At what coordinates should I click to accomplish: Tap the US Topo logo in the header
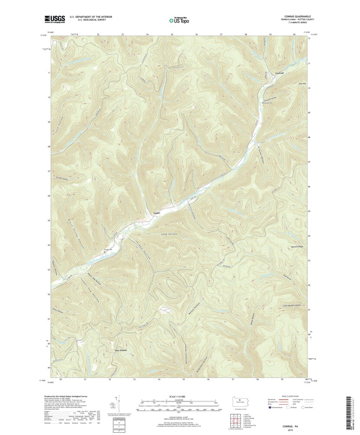pyautogui.click(x=179, y=20)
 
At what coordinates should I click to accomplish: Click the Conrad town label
pyautogui.click(x=279, y=73)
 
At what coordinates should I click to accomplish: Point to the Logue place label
pyautogui.click(x=157, y=213)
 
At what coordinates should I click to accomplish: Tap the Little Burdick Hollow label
pyautogui.click(x=291, y=306)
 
